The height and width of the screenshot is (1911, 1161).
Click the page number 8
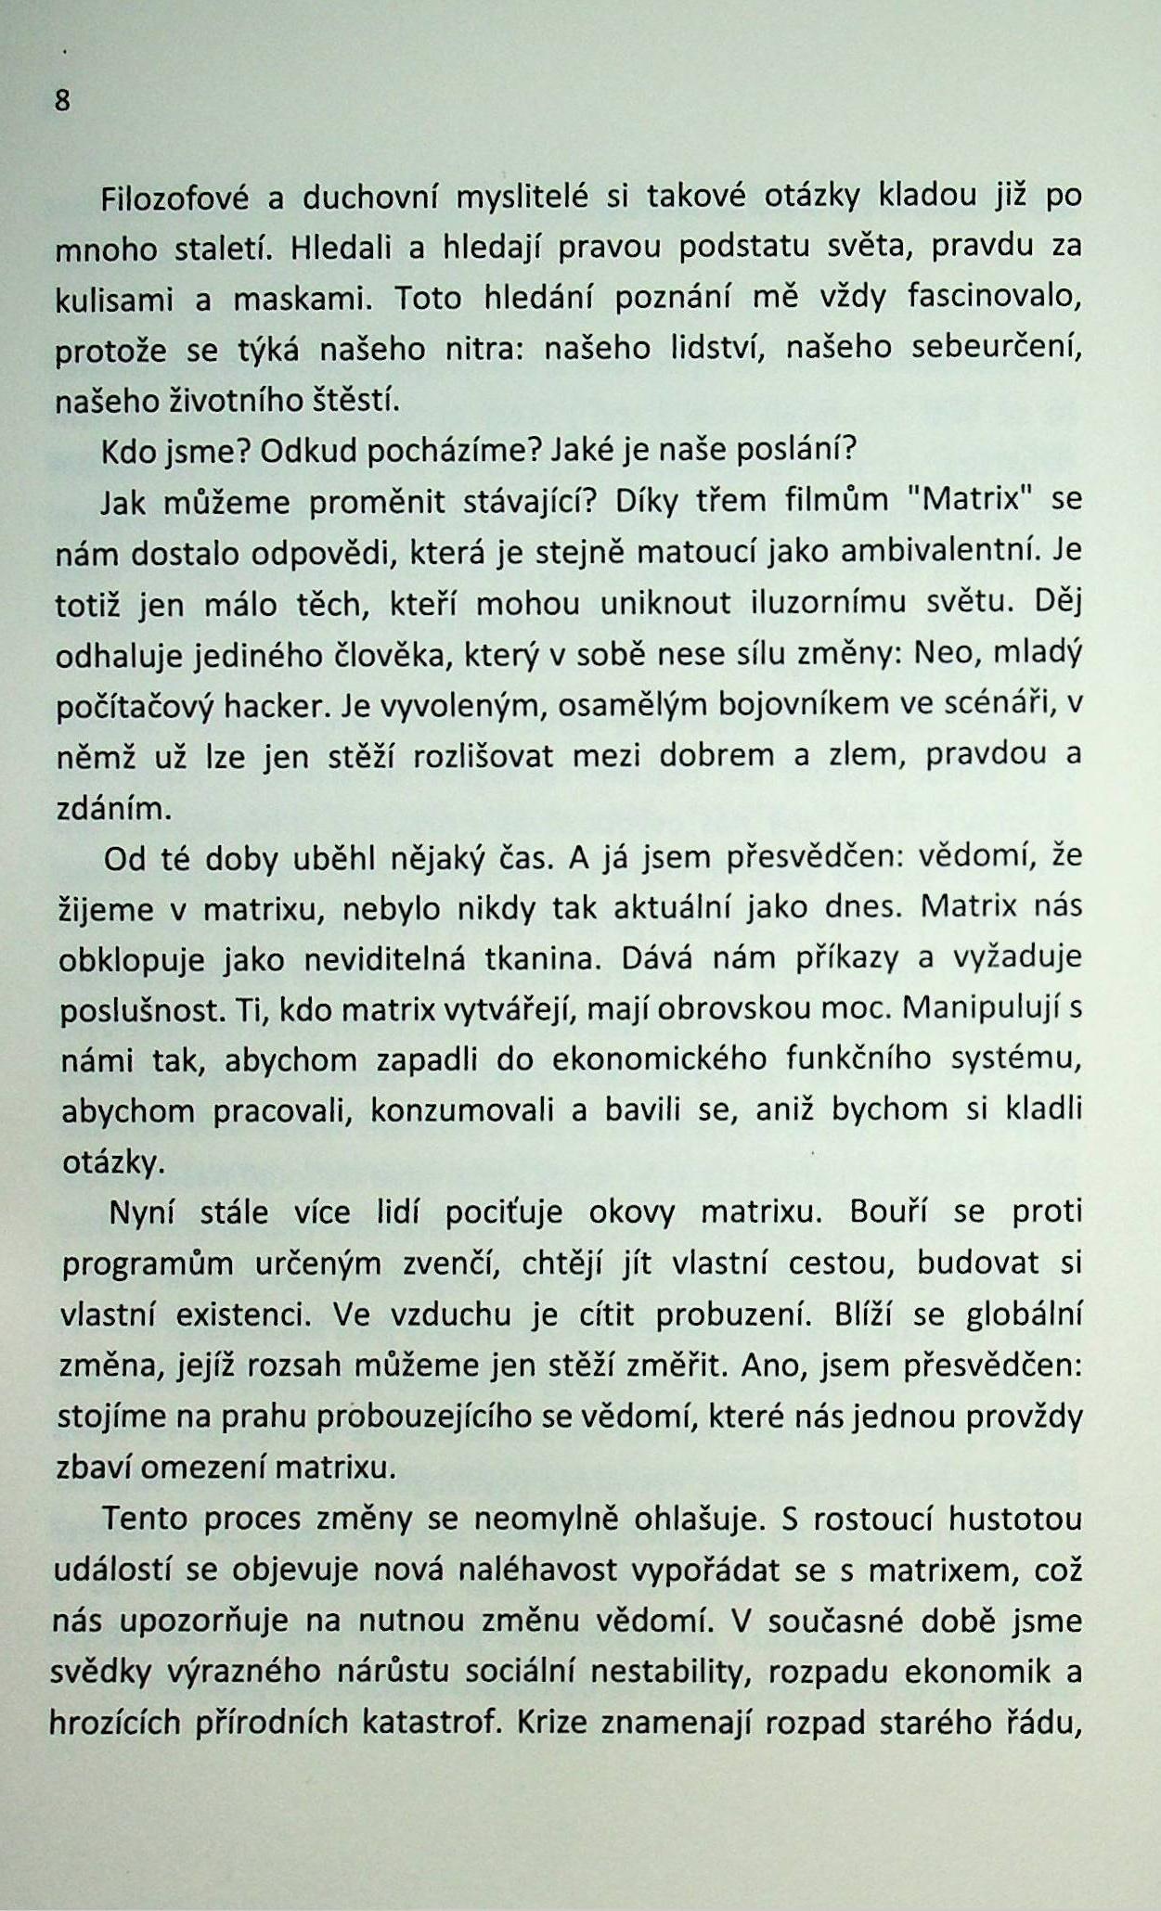(x=62, y=100)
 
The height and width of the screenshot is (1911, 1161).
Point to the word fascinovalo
(x=994, y=297)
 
